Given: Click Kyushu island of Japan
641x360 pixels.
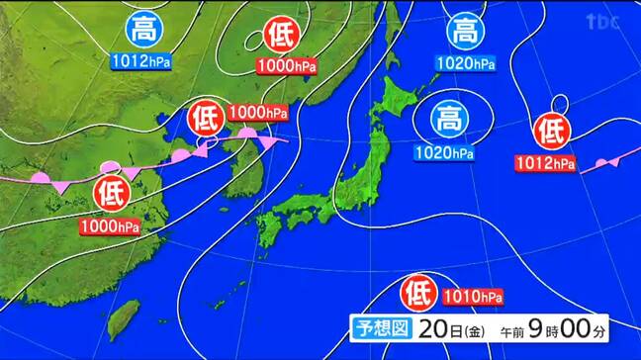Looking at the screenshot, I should (x=269, y=228).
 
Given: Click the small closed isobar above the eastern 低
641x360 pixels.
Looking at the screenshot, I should (x=561, y=103).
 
